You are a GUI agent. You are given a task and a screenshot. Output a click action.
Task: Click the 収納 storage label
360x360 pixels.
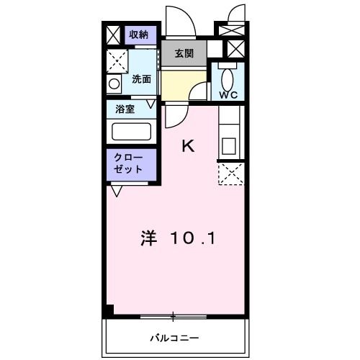[138, 35]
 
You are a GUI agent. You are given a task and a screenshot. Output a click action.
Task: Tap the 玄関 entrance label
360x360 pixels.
[183, 53]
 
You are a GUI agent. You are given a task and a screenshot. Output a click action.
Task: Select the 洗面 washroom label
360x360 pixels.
[141, 79]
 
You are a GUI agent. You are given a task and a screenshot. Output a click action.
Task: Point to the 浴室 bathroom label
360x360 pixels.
[125, 109]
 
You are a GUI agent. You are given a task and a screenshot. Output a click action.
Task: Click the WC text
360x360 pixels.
[228, 94]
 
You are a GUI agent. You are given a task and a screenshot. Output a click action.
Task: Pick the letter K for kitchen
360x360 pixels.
[187, 146]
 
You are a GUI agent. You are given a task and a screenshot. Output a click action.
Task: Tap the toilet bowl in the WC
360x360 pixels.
[228, 76]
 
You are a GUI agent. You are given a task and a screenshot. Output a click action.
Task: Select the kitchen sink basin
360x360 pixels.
[229, 145]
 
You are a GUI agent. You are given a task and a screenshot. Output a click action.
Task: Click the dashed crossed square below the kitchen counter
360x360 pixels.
[230, 174]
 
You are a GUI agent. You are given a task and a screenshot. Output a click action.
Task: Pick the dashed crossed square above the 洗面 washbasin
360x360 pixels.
[116, 60]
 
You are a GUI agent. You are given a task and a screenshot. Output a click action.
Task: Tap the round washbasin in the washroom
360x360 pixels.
[114, 84]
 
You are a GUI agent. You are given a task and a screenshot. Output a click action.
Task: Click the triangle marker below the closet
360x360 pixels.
[116, 192]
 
